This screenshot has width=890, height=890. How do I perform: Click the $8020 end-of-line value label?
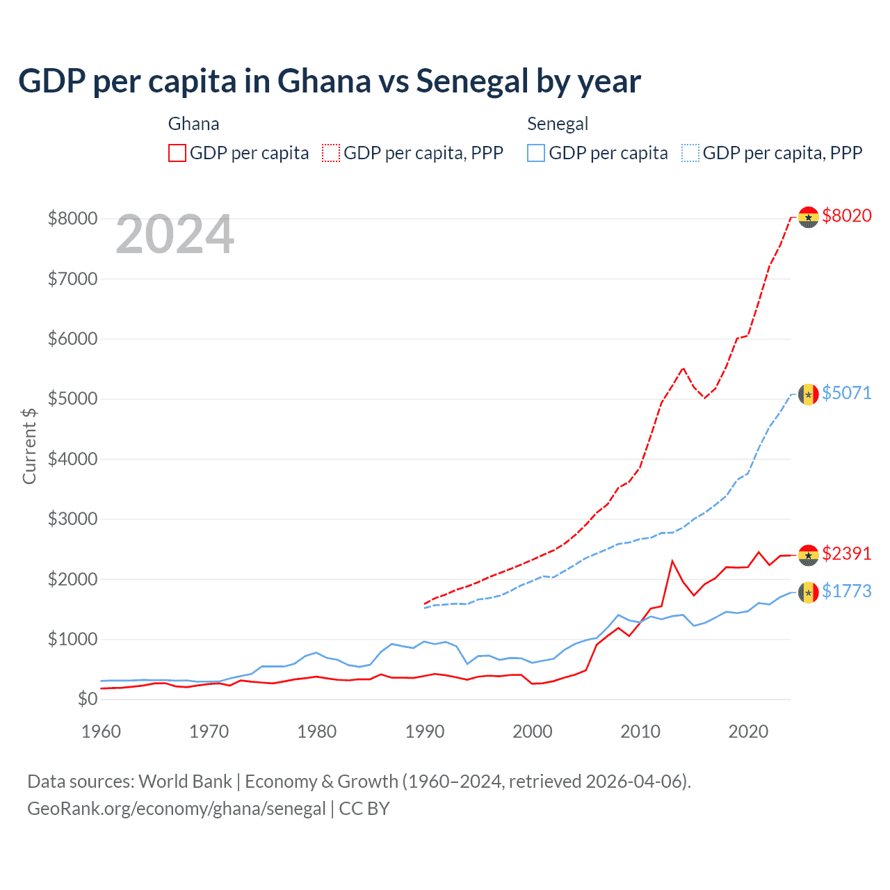846,216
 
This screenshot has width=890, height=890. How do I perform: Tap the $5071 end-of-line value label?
846,393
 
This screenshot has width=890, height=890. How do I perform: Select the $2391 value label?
846,553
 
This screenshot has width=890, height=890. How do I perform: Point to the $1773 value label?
846,591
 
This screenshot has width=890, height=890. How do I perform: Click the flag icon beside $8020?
808,218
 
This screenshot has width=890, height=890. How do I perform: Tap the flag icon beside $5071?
808,394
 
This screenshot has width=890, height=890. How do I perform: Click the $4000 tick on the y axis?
72,459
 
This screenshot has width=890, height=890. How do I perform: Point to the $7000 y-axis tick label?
72,279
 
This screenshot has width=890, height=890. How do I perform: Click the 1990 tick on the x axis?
424,731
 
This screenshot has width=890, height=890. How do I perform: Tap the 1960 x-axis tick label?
101,731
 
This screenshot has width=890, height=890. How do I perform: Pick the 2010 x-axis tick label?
640,731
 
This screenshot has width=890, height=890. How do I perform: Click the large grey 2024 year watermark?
175,234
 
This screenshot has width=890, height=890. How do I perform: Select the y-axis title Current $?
29,446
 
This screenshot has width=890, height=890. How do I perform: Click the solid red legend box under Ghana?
177,153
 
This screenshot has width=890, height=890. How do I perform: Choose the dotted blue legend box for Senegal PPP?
690,153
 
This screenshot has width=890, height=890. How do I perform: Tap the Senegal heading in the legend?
558,124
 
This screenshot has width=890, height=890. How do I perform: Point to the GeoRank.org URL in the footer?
177,809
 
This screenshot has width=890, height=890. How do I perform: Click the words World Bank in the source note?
185,782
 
